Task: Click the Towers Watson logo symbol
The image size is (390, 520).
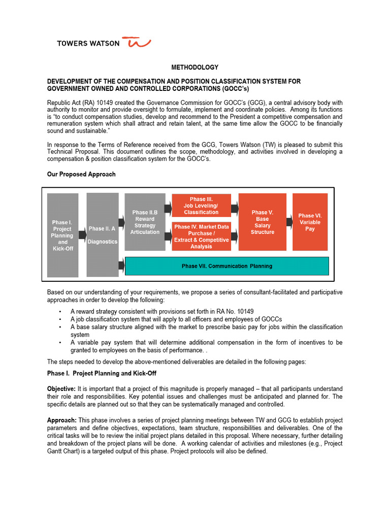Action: pos(139,43)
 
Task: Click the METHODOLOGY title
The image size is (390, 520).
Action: pos(194,67)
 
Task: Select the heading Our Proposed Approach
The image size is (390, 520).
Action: pos(81,174)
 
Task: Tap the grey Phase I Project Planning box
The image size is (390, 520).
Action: pos(62,235)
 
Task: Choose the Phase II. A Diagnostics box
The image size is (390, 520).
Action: pos(102,235)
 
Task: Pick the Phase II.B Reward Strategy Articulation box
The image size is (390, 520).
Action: pos(145,222)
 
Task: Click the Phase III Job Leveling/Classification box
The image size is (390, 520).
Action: pos(201,205)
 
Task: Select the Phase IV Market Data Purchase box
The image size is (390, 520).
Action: pos(201,236)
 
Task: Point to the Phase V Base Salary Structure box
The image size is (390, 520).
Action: pos(262,222)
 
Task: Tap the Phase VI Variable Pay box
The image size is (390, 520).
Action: pos(310,222)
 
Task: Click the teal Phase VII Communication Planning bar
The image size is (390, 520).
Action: pos(226,266)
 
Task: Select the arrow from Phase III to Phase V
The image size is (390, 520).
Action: pos(235,208)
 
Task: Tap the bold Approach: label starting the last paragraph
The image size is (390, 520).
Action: pos(62,420)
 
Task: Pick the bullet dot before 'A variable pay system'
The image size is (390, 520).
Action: pos(60,343)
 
